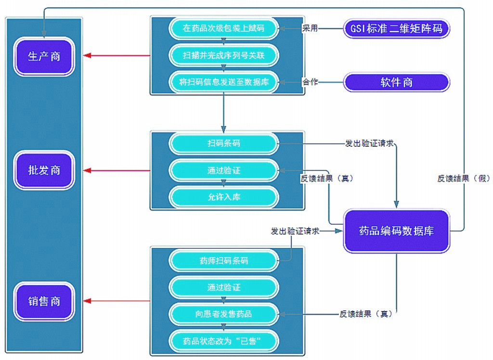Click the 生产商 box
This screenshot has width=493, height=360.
click(44, 56)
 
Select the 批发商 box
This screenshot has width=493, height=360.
click(44, 170)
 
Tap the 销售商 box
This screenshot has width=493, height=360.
click(44, 301)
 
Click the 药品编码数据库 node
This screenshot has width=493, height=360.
click(396, 231)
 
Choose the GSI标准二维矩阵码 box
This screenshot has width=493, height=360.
click(397, 29)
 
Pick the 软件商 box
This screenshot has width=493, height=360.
click(396, 82)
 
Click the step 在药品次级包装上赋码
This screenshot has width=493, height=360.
click(223, 28)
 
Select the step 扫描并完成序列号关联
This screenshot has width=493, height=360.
click(223, 55)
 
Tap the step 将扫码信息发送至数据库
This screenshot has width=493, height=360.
click(223, 82)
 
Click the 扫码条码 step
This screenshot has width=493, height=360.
click(223, 143)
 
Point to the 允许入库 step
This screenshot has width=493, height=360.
click(223, 197)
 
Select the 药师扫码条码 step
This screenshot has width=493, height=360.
click(223, 261)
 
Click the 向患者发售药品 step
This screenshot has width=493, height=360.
click(223, 314)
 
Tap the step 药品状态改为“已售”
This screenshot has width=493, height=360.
click(223, 341)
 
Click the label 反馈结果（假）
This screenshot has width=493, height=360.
click(463, 178)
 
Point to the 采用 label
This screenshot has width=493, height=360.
click(310, 28)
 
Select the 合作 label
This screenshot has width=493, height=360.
click(310, 82)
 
